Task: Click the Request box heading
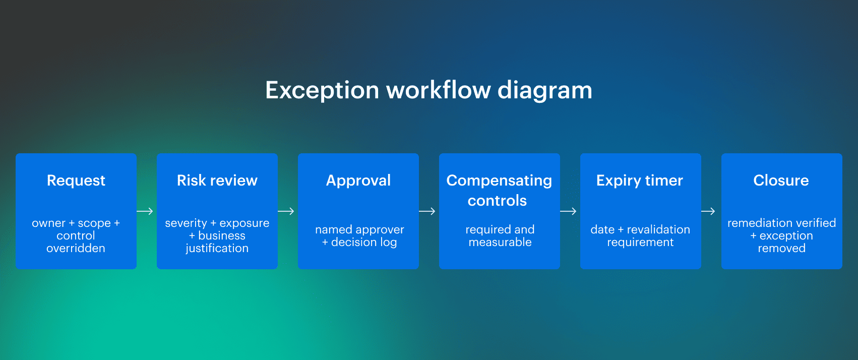click(x=76, y=181)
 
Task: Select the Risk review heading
click(x=217, y=181)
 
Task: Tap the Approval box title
click(x=358, y=181)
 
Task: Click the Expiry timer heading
click(x=639, y=181)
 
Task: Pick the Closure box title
click(x=781, y=181)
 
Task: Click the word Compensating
click(x=499, y=181)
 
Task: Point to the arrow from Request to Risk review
click(x=145, y=211)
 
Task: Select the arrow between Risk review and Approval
click(x=286, y=211)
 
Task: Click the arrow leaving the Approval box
click(x=427, y=211)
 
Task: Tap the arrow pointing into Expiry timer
click(x=569, y=211)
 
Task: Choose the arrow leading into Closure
click(x=709, y=211)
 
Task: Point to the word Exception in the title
click(x=322, y=91)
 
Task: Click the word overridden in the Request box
click(x=76, y=248)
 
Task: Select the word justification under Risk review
click(x=217, y=248)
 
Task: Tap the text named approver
click(x=359, y=229)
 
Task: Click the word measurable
click(x=500, y=242)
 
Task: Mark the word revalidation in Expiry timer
click(x=658, y=229)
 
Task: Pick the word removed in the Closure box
click(x=781, y=248)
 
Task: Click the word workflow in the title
click(x=438, y=91)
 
